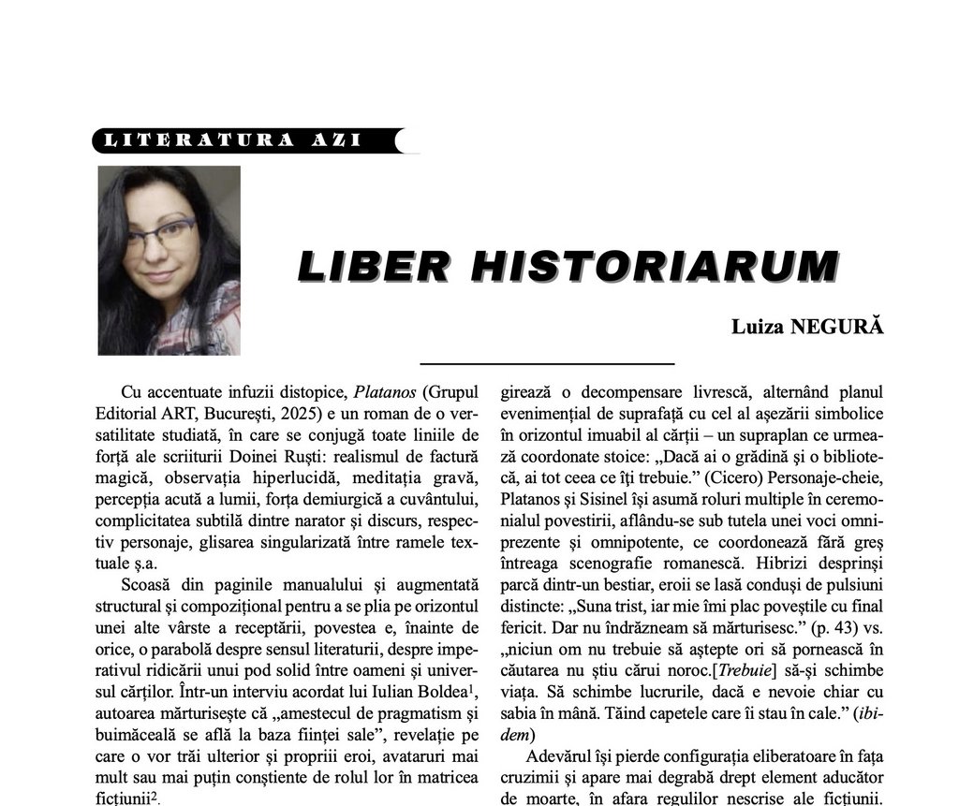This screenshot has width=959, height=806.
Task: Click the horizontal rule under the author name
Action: pos(547,362)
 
